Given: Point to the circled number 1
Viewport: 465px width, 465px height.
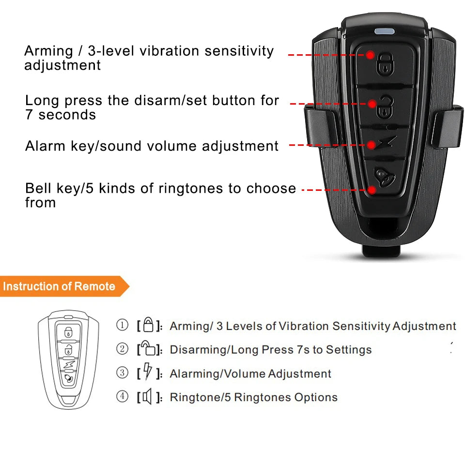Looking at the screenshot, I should pos(123,325).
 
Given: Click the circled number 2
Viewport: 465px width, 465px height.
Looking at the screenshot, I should pos(123,349).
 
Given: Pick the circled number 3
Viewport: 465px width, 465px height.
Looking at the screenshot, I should pos(123,373).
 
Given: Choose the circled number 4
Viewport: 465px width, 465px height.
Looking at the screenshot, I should pos(123,397).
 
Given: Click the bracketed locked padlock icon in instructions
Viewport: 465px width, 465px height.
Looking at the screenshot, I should pos(149,325).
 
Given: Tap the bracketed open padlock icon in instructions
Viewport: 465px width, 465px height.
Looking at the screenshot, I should pos(149,349).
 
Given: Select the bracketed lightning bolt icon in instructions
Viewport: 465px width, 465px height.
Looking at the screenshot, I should pos(148,373).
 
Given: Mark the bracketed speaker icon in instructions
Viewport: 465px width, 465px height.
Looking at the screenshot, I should pos(148,397).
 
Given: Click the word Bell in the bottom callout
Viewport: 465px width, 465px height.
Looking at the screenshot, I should pos(36,188).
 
